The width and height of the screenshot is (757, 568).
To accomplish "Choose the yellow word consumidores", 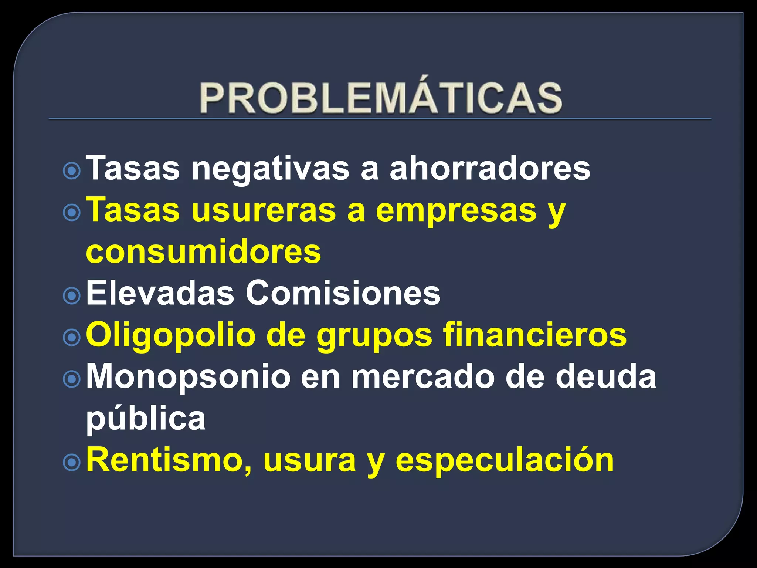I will tap(203, 251).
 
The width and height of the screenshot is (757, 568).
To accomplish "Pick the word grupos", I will tap(374, 335).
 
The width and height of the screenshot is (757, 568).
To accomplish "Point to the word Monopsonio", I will tap(188, 377).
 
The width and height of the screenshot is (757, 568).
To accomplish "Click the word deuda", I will tap(606, 377).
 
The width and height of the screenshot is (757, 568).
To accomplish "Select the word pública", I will tap(146, 419).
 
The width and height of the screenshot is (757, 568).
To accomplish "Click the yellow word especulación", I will tap(505, 460).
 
